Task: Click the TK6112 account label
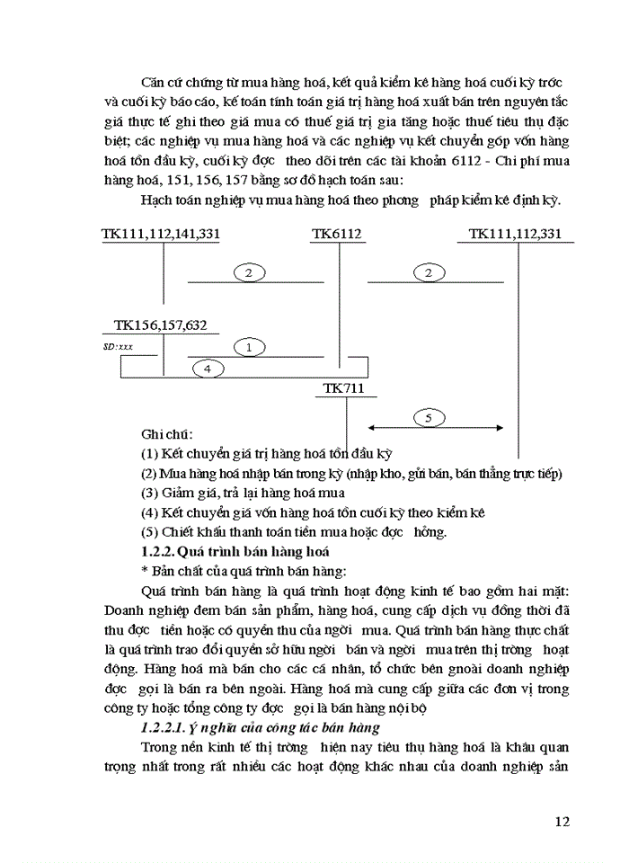pos(336,234)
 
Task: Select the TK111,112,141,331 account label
pos(161,234)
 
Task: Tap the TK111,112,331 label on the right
pos(515,234)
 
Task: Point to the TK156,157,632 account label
pos(161,325)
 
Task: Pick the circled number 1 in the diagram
pos(249,346)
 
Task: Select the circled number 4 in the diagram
pos(207,368)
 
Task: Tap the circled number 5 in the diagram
pos(429,417)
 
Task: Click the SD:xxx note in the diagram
pos(118,346)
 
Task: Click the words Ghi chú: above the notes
pos(167,433)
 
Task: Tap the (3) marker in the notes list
pos(150,493)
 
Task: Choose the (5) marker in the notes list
pos(150,531)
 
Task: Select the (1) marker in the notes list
pos(150,453)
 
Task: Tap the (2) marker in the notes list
pos(150,473)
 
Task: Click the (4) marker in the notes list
pos(150,512)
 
